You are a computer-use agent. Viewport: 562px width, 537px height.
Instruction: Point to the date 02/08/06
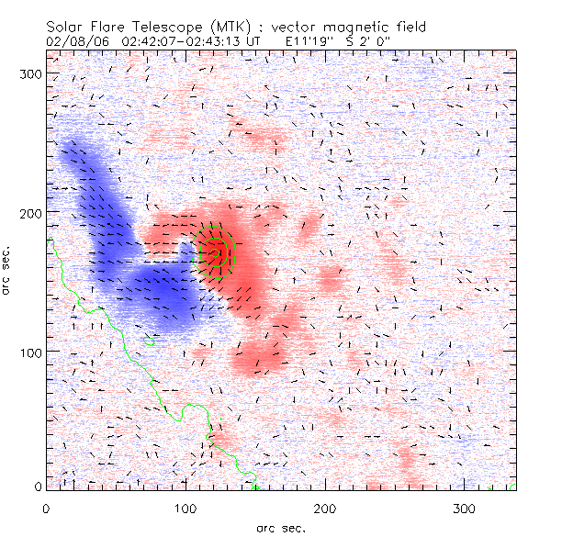coord(73,41)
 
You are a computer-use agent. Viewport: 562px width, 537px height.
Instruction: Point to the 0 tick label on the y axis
coord(39,487)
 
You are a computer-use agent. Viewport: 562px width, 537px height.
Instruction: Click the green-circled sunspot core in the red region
coord(218,249)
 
